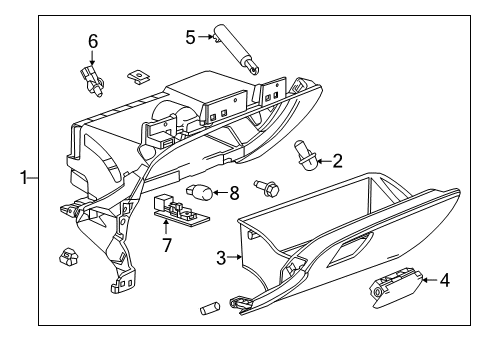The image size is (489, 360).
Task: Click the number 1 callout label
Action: (21, 178)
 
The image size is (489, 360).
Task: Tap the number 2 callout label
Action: (337, 159)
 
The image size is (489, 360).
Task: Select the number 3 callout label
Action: (222, 257)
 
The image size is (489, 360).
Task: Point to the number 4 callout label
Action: (444, 280)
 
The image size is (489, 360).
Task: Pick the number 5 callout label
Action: (190, 38)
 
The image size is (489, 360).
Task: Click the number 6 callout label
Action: (93, 41)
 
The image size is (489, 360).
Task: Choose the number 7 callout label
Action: (167, 244)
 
